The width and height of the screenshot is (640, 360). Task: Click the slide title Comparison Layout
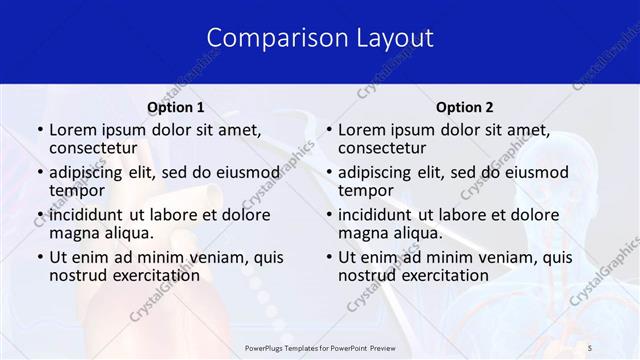pyautogui.click(x=320, y=38)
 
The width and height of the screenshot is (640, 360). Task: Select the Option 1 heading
pyautogui.click(x=176, y=107)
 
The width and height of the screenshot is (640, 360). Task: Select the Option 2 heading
pyautogui.click(x=464, y=107)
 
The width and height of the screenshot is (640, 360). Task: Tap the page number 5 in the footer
pyautogui.click(x=589, y=346)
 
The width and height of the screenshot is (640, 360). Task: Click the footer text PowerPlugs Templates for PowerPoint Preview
pyautogui.click(x=320, y=346)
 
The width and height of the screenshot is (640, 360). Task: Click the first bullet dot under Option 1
pyautogui.click(x=38, y=130)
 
